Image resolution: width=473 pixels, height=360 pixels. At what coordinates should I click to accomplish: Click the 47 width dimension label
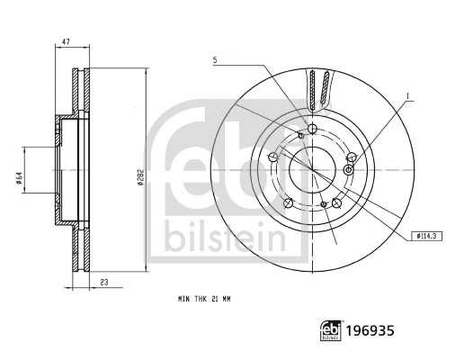pos(66,41)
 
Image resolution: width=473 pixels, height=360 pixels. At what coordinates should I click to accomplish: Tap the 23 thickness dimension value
pos(103,283)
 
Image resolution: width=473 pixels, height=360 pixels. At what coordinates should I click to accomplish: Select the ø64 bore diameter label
pos(19,178)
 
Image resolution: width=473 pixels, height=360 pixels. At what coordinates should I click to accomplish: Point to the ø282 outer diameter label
pos(140,177)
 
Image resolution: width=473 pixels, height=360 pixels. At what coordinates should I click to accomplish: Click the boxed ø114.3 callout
pos(427,236)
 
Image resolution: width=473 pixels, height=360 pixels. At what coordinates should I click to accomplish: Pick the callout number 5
pos(215,59)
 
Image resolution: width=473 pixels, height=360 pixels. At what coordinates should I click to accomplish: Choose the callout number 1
pos(407,96)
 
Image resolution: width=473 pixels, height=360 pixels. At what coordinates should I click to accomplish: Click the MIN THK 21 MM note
pos(204,299)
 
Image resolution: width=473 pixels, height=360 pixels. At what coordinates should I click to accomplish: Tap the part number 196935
pos(370,330)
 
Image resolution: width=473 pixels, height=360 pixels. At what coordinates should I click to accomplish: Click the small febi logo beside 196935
pos(331,330)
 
